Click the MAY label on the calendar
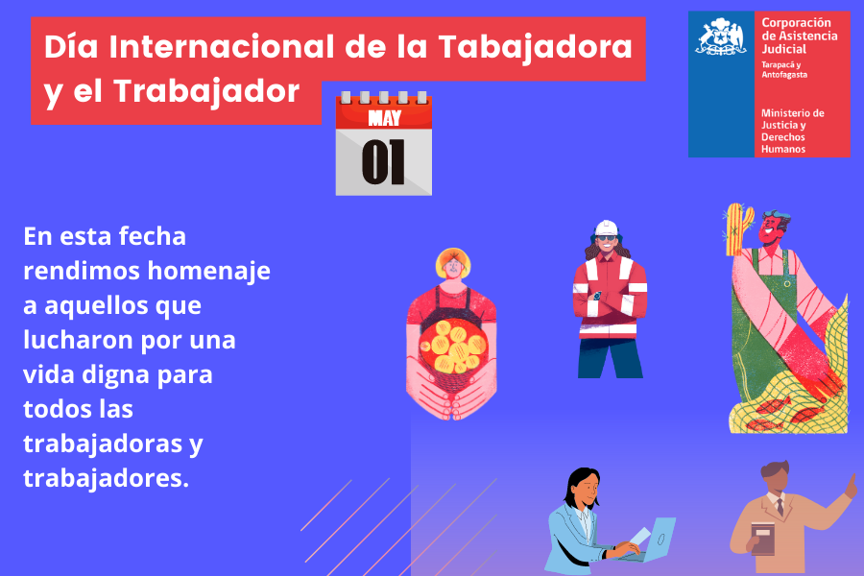click(x=384, y=120)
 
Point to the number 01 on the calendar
click(x=383, y=162)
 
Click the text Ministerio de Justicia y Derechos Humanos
click(x=792, y=132)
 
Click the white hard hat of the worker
click(x=606, y=228)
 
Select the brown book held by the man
click(x=762, y=539)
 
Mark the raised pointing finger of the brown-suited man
click(x=851, y=483)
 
